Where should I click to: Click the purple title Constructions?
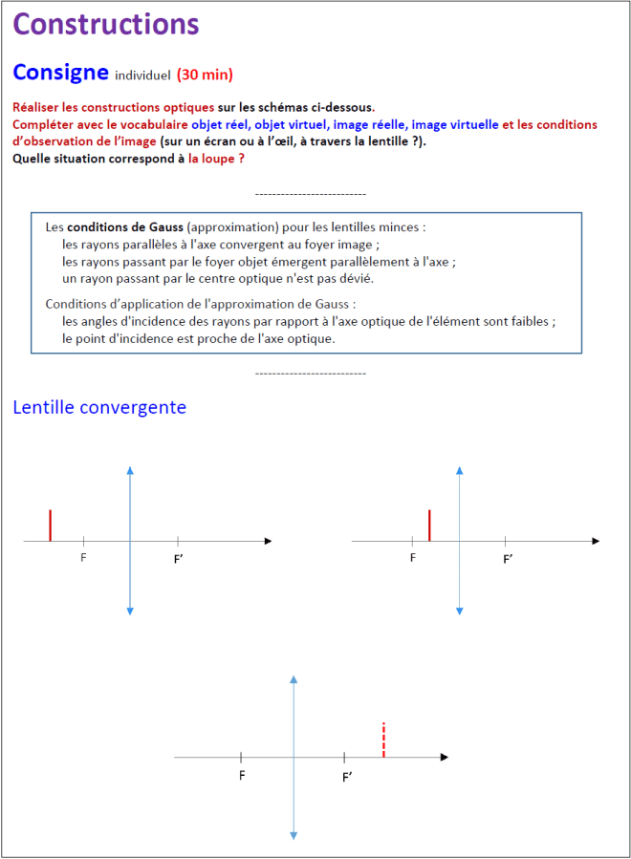(106, 25)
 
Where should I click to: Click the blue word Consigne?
(59, 72)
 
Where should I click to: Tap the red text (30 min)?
(205, 75)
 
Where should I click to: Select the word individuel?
(142, 75)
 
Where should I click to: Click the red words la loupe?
(217, 158)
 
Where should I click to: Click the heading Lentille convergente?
(99, 407)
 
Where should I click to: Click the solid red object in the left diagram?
(51, 526)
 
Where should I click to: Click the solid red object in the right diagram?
(430, 526)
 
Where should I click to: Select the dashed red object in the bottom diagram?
(383, 740)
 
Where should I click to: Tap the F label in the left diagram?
(84, 558)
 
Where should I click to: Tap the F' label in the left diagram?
(179, 559)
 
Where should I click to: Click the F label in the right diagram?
(413, 558)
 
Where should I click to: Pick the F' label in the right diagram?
(509, 559)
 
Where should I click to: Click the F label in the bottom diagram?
(242, 775)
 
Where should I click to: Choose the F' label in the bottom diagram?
(347, 777)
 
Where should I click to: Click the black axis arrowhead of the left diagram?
(268, 541)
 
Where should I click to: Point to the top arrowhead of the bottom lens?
(294, 678)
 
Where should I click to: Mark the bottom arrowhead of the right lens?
(460, 611)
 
